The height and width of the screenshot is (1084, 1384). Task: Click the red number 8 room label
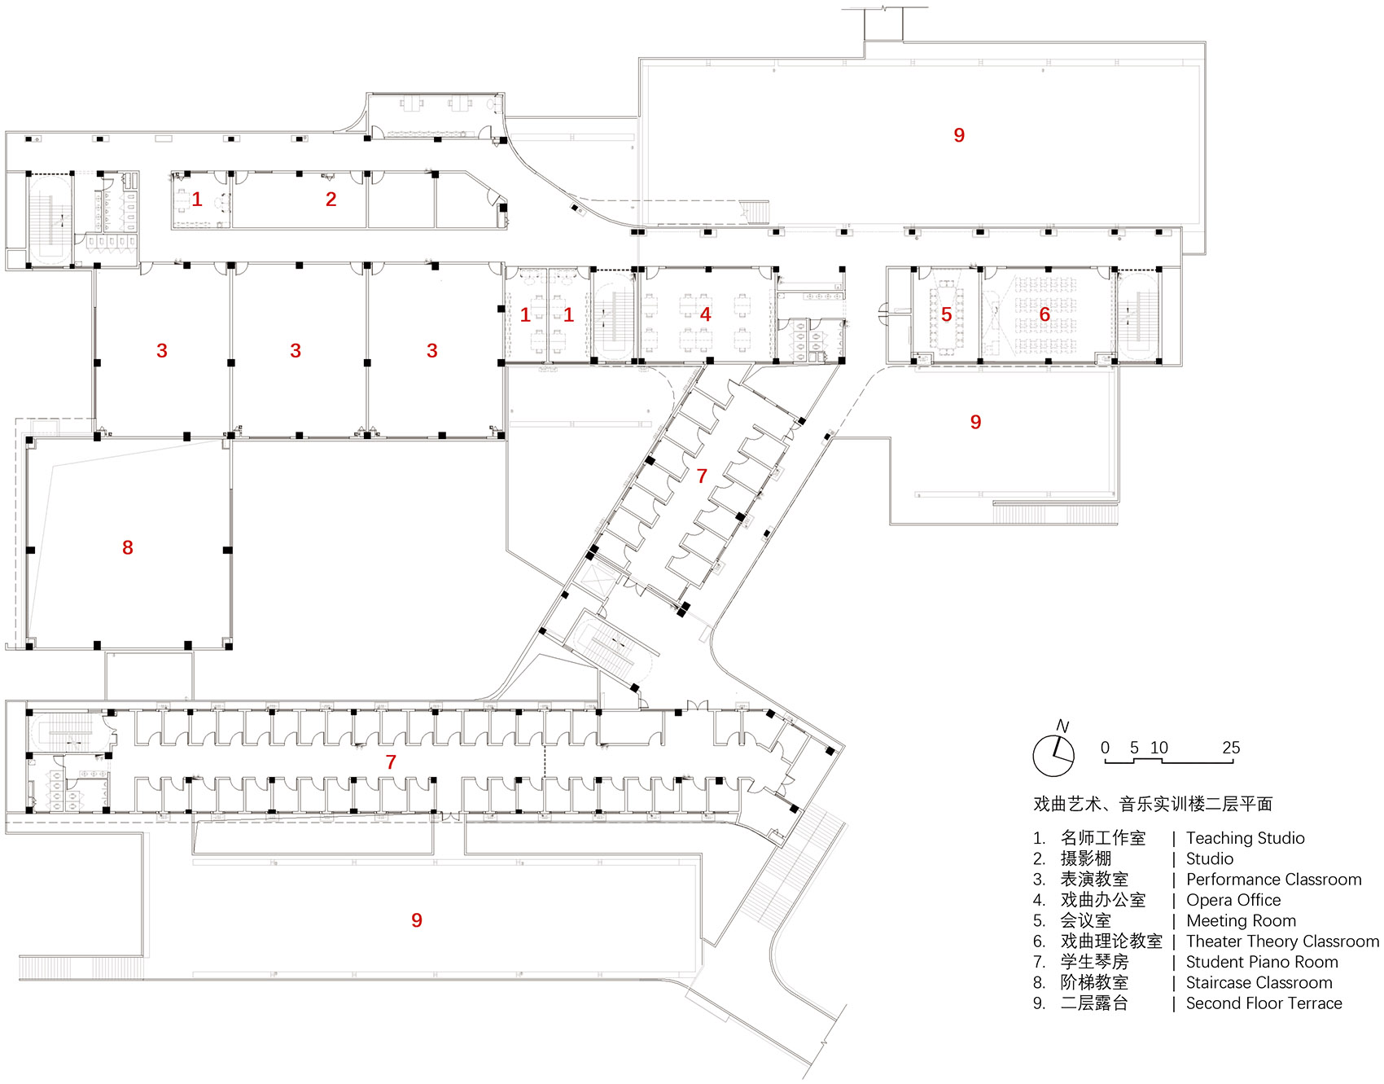(128, 548)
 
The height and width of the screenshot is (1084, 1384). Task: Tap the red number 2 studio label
(331, 200)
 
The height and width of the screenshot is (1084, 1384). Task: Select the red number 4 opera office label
(705, 314)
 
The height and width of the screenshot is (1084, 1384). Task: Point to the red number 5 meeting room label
(946, 314)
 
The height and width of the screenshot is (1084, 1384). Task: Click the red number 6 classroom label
(1045, 314)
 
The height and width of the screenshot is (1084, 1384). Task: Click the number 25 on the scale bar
(1231, 748)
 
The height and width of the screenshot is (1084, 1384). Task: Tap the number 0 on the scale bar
(1105, 748)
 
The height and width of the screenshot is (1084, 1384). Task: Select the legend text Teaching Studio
(1245, 838)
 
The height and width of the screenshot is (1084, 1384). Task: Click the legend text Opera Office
(1233, 900)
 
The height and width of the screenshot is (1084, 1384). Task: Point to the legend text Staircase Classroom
(1259, 983)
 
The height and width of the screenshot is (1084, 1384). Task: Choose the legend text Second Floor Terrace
(1264, 1003)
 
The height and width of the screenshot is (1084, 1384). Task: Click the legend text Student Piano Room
(1261, 962)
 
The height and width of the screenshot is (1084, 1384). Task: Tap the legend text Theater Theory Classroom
(1282, 941)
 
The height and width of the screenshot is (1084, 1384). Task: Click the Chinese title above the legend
(1152, 805)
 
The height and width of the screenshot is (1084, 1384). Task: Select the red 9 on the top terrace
(959, 135)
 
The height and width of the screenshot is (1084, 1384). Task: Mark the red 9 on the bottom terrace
(417, 920)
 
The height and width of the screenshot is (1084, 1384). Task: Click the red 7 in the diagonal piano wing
(702, 476)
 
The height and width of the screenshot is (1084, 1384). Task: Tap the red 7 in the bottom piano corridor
(391, 762)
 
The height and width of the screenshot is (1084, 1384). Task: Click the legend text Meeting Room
(1241, 921)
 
